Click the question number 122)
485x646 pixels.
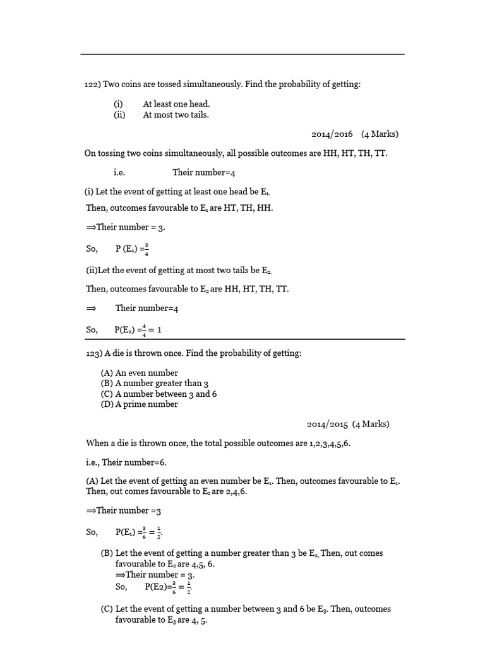(92, 84)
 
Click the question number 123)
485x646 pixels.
(93, 353)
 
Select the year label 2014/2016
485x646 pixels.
(332, 134)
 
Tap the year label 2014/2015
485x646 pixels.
(328, 424)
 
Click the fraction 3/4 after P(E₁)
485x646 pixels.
(147, 249)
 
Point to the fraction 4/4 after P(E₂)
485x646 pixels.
(144, 330)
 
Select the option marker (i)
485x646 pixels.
(118, 104)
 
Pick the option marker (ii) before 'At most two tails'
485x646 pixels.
(119, 115)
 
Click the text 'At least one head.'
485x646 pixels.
(176, 104)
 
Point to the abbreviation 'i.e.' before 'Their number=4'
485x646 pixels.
(119, 172)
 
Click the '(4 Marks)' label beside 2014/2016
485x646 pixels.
(380, 134)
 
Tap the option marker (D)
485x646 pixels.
(107, 404)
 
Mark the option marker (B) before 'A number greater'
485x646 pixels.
(107, 383)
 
